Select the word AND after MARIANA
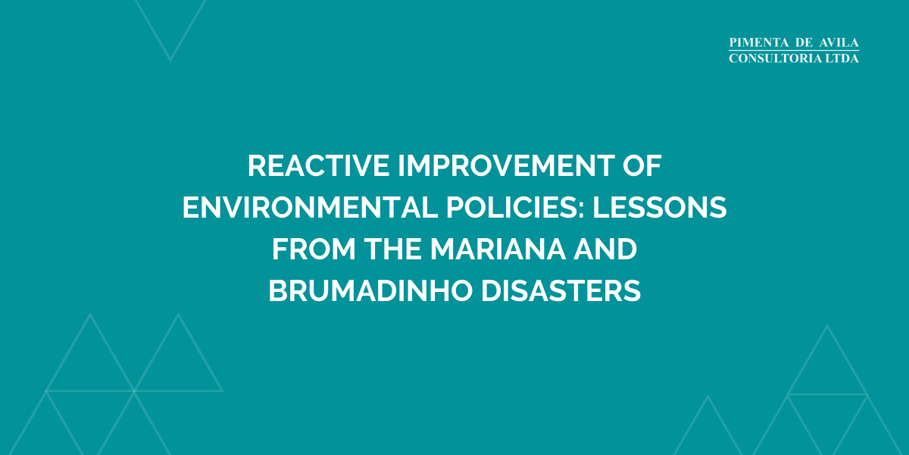click(607, 249)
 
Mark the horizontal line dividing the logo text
click(794, 52)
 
